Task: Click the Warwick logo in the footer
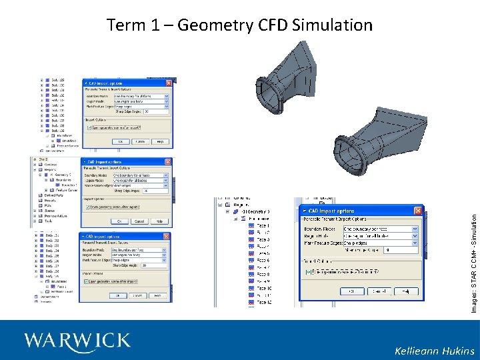(x=77, y=341)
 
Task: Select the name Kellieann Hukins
(x=434, y=351)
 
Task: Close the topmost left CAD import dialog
(x=169, y=83)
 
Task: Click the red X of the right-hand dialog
(x=417, y=211)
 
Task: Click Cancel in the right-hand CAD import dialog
(x=378, y=291)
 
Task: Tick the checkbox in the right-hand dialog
(x=308, y=271)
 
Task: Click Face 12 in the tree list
(x=263, y=303)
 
